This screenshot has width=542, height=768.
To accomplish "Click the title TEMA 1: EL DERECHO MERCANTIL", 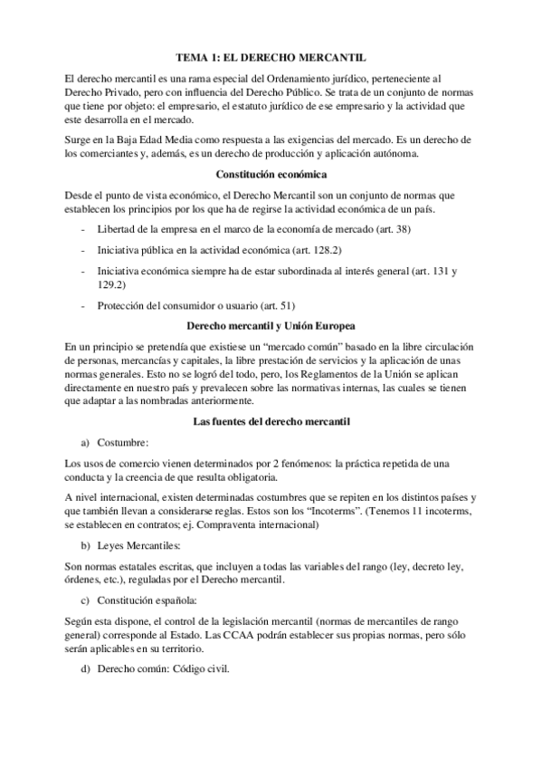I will [271, 56].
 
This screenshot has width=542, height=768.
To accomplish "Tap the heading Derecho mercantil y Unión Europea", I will [271, 324].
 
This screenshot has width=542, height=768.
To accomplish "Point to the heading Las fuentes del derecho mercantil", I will [271, 421].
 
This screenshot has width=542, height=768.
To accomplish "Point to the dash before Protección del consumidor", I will [84, 305].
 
